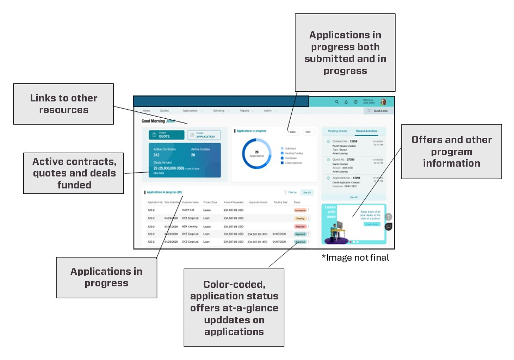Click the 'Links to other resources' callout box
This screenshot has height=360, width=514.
click(63, 104)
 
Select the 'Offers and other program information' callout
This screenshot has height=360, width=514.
click(451, 151)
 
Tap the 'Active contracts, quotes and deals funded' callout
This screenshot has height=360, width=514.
click(74, 173)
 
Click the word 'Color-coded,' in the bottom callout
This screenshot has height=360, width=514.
click(234, 284)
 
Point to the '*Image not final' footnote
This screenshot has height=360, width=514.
click(355, 258)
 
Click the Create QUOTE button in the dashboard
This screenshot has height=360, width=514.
click(167, 135)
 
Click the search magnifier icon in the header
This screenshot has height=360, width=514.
click(337, 102)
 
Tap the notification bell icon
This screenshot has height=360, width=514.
click(346, 102)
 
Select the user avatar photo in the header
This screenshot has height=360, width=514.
click(383, 102)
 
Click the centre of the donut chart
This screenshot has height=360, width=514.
click(257, 154)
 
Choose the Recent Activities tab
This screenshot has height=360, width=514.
click(366, 131)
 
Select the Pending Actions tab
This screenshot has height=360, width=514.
click(337, 131)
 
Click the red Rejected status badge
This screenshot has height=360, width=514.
click(300, 226)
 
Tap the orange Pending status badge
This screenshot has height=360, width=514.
click(300, 218)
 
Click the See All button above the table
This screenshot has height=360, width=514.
click(307, 192)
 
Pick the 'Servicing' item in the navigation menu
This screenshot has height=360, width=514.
click(219, 111)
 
